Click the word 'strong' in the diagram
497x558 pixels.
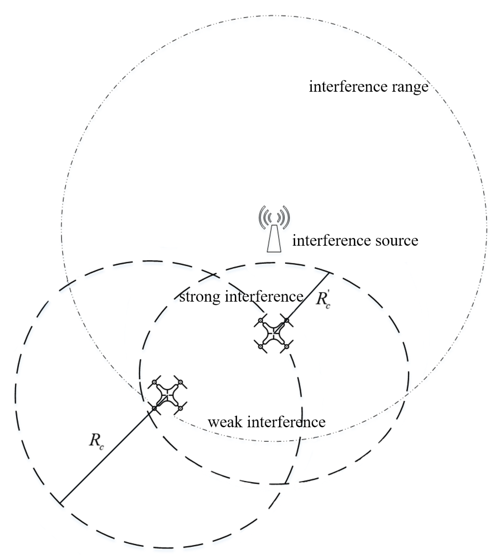200,297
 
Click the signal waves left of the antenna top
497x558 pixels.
265,217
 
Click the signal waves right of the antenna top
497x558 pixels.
283,217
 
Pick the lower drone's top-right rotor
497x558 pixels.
180,382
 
